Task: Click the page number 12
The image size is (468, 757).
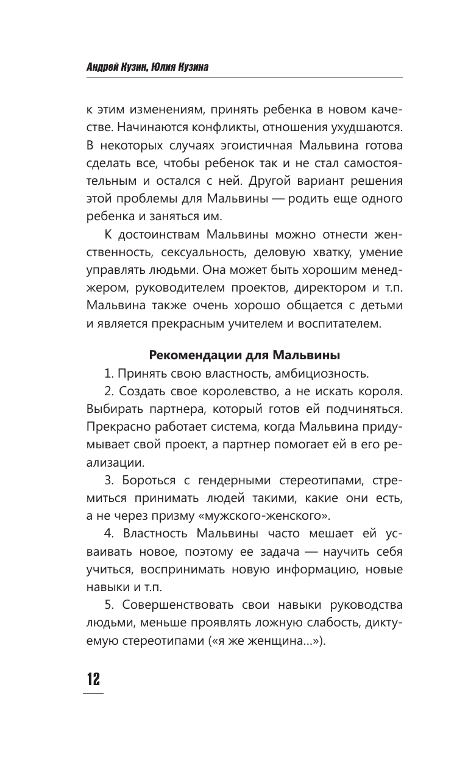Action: (x=93, y=678)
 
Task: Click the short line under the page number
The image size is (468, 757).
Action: (x=93, y=693)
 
